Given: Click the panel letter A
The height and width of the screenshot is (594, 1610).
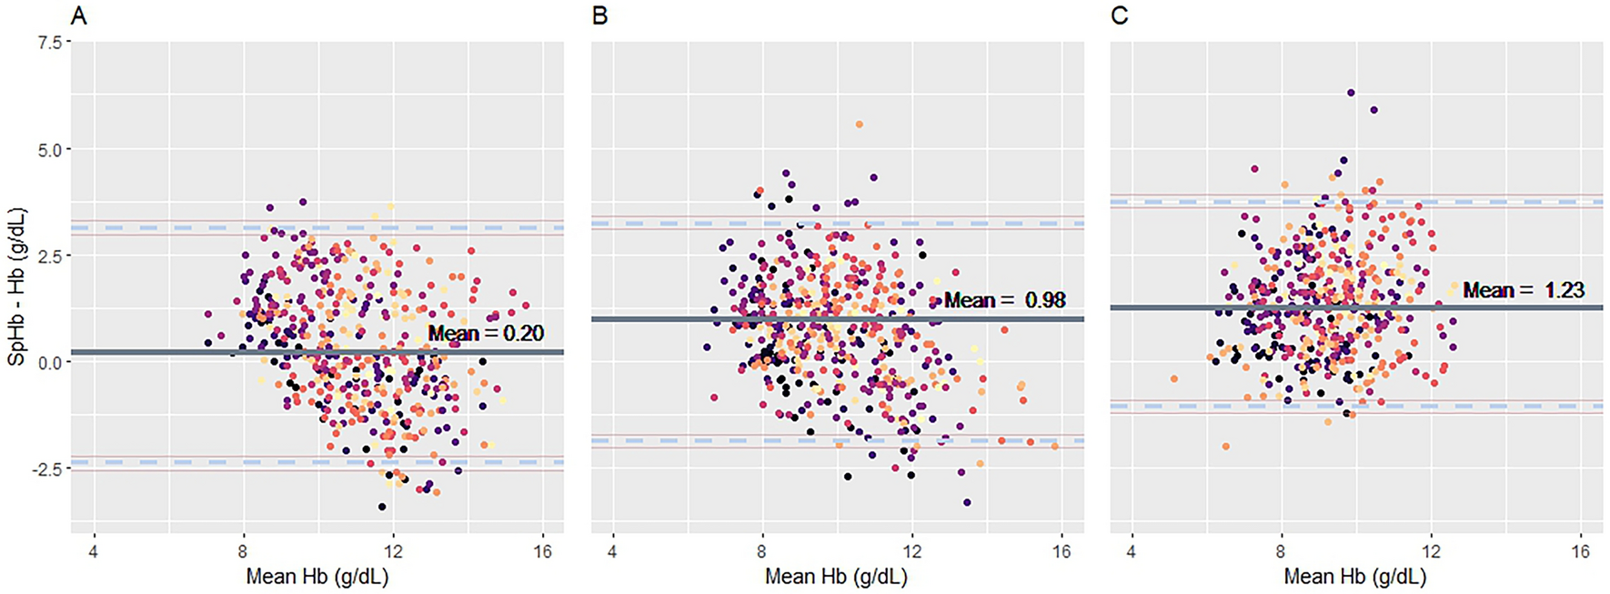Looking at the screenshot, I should click(x=79, y=15).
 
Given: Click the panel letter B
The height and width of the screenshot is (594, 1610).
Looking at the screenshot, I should click(x=599, y=15).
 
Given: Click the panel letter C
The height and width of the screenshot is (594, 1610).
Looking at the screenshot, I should click(x=1119, y=15).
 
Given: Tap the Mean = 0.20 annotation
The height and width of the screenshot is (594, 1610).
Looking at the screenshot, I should click(x=486, y=333).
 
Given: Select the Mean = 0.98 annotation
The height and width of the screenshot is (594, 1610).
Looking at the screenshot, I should click(x=1004, y=300).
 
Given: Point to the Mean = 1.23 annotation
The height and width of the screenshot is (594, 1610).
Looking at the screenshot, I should click(x=1524, y=290).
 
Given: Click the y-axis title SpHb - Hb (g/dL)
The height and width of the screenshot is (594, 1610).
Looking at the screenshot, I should click(x=16, y=287).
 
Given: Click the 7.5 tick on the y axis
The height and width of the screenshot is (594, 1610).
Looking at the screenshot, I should click(x=51, y=43).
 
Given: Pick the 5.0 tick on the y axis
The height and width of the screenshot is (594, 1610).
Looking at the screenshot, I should click(x=51, y=149).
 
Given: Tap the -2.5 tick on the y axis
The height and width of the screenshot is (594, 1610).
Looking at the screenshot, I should click(x=48, y=468).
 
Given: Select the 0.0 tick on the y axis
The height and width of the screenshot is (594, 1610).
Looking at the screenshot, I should click(x=51, y=362).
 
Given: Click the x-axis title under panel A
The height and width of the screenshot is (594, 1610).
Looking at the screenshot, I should click(x=317, y=577).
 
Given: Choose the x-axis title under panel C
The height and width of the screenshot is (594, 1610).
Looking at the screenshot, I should click(x=1354, y=577).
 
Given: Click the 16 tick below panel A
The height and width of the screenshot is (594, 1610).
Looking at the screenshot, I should click(x=542, y=552).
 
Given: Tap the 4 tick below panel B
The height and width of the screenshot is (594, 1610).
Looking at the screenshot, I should click(x=612, y=552).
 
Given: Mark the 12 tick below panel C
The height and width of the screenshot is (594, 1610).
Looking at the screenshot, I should click(x=1431, y=552).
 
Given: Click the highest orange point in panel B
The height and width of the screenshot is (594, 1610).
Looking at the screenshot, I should click(x=859, y=125).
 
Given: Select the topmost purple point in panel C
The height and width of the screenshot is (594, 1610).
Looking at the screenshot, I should click(x=1351, y=93).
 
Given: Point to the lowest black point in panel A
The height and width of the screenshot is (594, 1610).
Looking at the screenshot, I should click(x=382, y=507).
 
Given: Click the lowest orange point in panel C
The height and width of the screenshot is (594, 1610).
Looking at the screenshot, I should click(x=1225, y=446).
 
